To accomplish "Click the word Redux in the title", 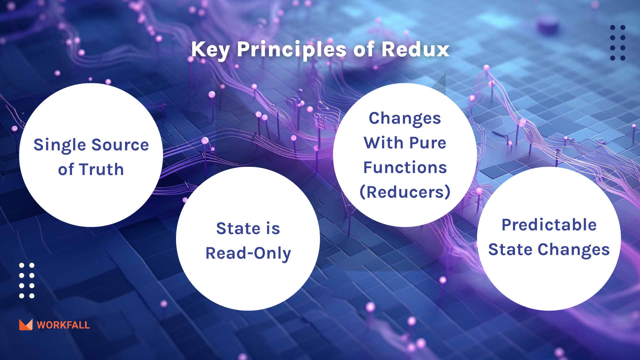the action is pyautogui.click(x=415, y=49).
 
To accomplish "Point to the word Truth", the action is pyautogui.click(x=101, y=169).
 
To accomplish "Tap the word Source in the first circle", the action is pyautogui.click(x=120, y=145).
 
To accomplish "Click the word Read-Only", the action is pyautogui.click(x=248, y=253).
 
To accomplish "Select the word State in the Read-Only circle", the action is pyautogui.click(x=238, y=228).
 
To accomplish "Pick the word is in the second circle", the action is pyautogui.click(x=273, y=228).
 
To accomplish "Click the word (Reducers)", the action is pyautogui.click(x=405, y=192).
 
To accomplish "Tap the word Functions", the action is pyautogui.click(x=405, y=167).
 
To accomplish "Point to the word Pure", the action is pyautogui.click(x=428, y=143).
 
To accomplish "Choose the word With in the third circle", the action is pyautogui.click(x=384, y=143).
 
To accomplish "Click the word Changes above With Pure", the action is pyautogui.click(x=405, y=119).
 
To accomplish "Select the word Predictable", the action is pyautogui.click(x=549, y=225).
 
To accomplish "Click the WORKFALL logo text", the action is pyautogui.click(x=63, y=325).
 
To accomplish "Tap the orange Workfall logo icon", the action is pyautogui.click(x=26, y=325).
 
